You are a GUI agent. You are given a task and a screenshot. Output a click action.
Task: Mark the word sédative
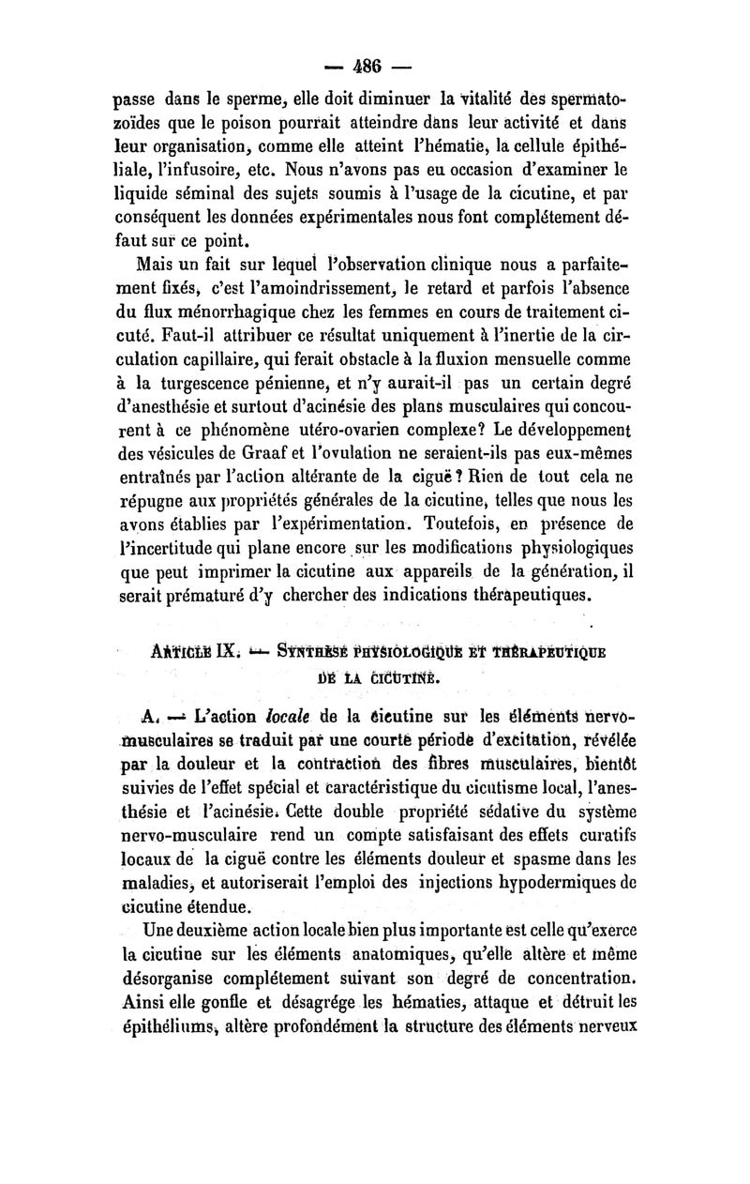pyautogui.click(x=546, y=833)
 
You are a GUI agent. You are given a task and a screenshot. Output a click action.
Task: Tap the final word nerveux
pyautogui.click(x=606, y=1038)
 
